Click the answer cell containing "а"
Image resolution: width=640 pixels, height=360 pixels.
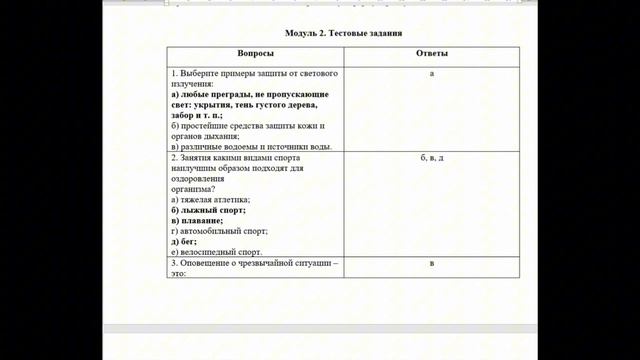tap(431, 74)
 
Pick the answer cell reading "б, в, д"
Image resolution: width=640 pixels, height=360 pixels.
tap(431, 159)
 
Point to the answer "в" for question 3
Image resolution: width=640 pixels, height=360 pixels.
tap(431, 264)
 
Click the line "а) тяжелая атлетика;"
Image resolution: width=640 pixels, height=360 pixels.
tap(211, 200)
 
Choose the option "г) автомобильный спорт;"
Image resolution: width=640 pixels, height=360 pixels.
tap(220, 231)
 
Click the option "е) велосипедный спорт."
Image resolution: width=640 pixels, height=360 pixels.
tap(217, 252)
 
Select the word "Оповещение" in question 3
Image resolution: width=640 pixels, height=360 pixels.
tap(206, 264)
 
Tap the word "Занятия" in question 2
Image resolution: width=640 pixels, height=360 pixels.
tap(197, 159)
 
